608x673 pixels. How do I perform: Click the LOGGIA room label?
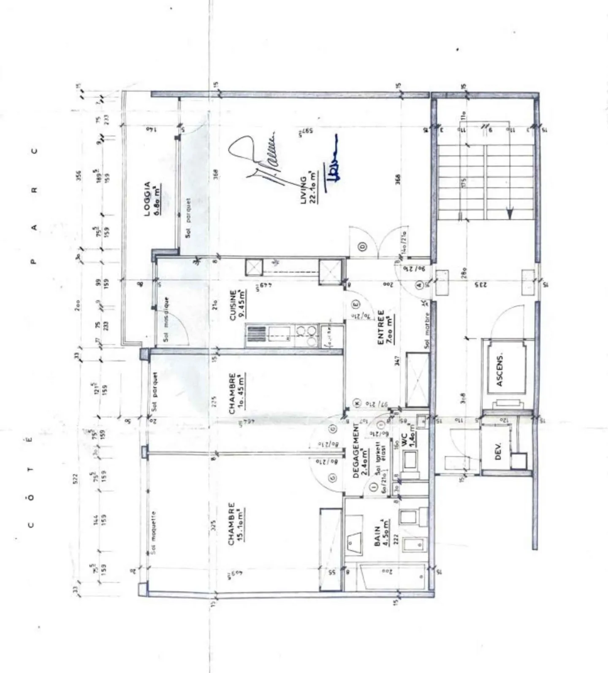[147, 199]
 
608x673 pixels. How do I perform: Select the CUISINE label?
[233, 305]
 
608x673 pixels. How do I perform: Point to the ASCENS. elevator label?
[500, 370]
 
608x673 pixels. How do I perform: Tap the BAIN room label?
[377, 536]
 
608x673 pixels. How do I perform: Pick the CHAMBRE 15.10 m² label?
[231, 523]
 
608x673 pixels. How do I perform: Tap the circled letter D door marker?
[362, 246]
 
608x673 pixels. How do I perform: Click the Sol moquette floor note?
[153, 533]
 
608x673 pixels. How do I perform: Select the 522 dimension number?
[75, 478]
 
